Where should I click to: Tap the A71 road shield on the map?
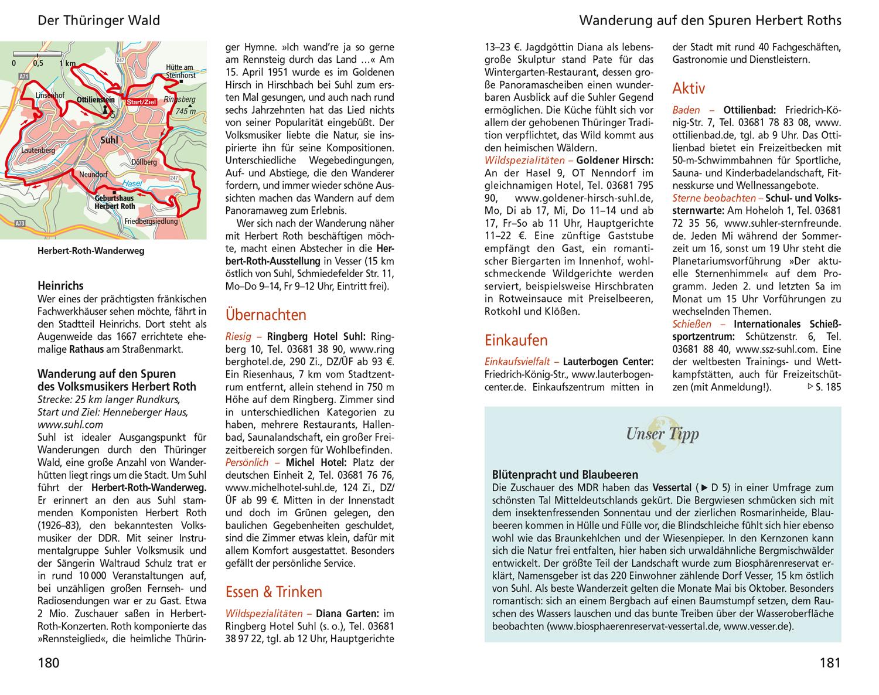(23, 76)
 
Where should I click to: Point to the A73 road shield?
(20, 223)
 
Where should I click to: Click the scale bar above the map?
(38, 54)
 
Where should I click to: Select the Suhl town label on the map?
(109, 140)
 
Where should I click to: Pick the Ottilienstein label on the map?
(96, 100)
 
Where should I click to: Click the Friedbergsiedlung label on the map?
(151, 222)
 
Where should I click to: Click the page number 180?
(49, 663)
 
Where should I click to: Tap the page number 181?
(830, 663)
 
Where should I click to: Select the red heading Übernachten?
(265, 315)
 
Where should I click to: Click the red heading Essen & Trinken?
(274, 591)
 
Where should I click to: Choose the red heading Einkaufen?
(516, 340)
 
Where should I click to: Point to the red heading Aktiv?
(689, 88)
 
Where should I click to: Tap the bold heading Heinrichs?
(60, 286)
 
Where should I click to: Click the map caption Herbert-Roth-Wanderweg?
(91, 251)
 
